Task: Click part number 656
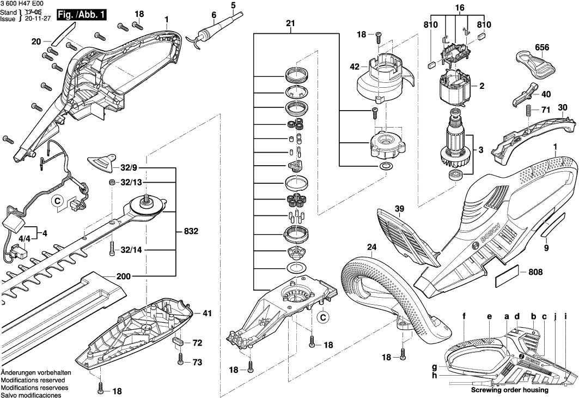pos(541,47)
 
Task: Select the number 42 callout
pos(355,67)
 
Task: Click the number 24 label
pos(371,246)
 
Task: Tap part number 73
pos(197,363)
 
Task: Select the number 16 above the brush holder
pos(460,8)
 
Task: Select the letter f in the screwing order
pos(464,316)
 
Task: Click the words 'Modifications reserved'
pos(33,380)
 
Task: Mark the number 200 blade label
pos(124,276)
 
